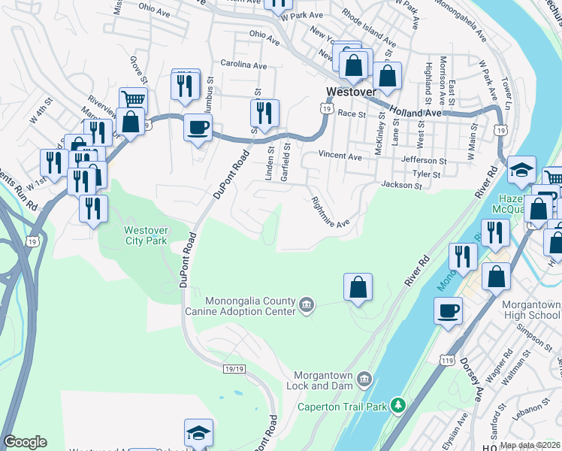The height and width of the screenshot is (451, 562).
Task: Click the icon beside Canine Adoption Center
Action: pyautogui.click(x=307, y=304)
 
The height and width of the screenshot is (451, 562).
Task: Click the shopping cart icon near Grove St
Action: pyautogui.click(x=133, y=98)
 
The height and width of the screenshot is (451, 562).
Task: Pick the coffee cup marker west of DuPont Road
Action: pyautogui.click(x=198, y=126)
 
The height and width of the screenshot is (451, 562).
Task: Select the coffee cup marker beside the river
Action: pyautogui.click(x=449, y=309)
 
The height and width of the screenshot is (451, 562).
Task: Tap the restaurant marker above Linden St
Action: pyautogui.click(x=264, y=113)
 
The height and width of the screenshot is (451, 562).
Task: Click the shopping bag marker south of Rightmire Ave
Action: pyautogui.click(x=358, y=286)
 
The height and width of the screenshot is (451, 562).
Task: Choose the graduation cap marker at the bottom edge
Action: pyautogui.click(x=198, y=432)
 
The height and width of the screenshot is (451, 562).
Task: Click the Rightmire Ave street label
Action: pyautogui.click(x=331, y=213)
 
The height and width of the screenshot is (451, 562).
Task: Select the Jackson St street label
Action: pyautogui.click(x=398, y=185)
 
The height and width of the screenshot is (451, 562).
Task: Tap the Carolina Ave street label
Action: pyautogui.click(x=249, y=65)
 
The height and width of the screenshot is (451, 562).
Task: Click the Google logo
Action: pyautogui.click(x=26, y=442)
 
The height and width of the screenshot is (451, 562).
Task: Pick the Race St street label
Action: pyautogui.click(x=351, y=114)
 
